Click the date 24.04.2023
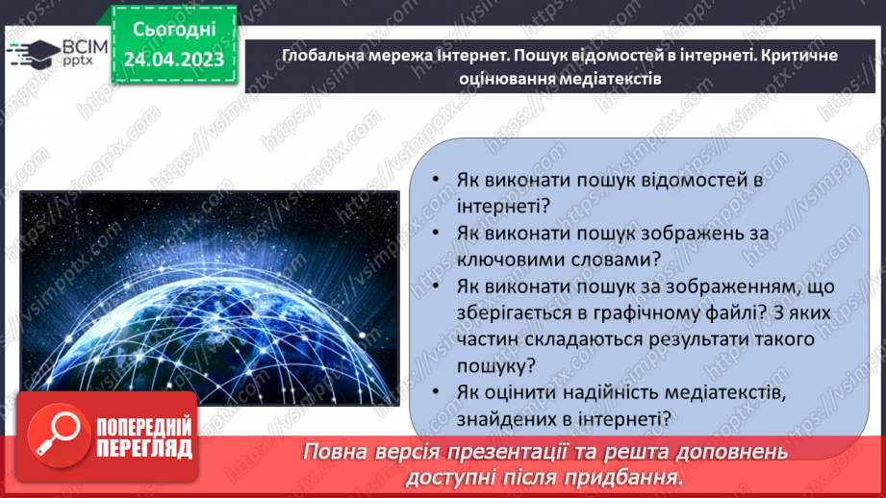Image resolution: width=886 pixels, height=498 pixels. (173, 61)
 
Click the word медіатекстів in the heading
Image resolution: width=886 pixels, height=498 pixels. (609, 79)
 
